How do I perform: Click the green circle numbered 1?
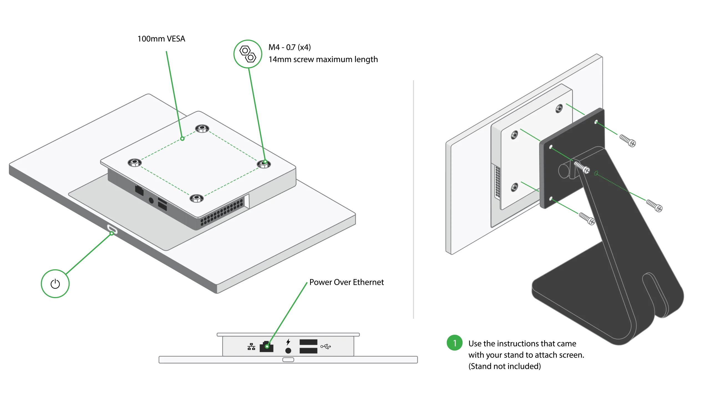[x=455, y=343]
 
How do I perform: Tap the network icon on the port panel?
[x=251, y=347]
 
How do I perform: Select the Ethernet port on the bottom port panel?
[x=267, y=346]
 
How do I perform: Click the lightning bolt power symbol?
[x=288, y=342]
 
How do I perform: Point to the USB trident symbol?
[x=326, y=346]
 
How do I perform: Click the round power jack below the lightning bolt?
[x=288, y=351]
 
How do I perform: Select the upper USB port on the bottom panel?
[x=308, y=342]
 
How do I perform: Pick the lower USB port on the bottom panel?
[x=308, y=351]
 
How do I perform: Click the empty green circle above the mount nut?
[x=248, y=54]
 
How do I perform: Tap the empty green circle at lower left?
[x=55, y=283]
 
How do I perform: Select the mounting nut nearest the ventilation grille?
[x=196, y=198]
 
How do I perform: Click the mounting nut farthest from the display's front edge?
[x=202, y=129]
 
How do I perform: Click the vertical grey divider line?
[x=414, y=199]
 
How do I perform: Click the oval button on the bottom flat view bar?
[x=288, y=360]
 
